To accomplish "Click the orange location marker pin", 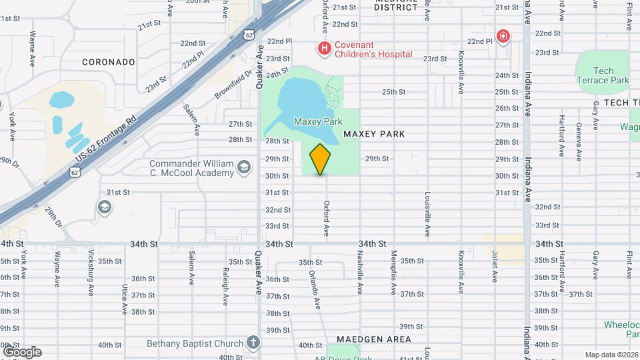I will click(321, 159).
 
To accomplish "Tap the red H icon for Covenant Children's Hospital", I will click(324, 48).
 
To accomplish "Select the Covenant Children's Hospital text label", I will click(373, 49).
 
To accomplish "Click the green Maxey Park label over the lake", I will click(318, 121).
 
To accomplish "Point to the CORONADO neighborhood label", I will click(109, 62).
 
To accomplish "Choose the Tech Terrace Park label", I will click(603, 75).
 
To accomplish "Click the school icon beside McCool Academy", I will click(244, 167).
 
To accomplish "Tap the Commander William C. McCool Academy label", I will click(191, 168).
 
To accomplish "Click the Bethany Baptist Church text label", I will click(195, 343).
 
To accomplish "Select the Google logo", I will click(22, 351).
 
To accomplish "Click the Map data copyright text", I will click(611, 355).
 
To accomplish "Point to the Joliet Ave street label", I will click(495, 265).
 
